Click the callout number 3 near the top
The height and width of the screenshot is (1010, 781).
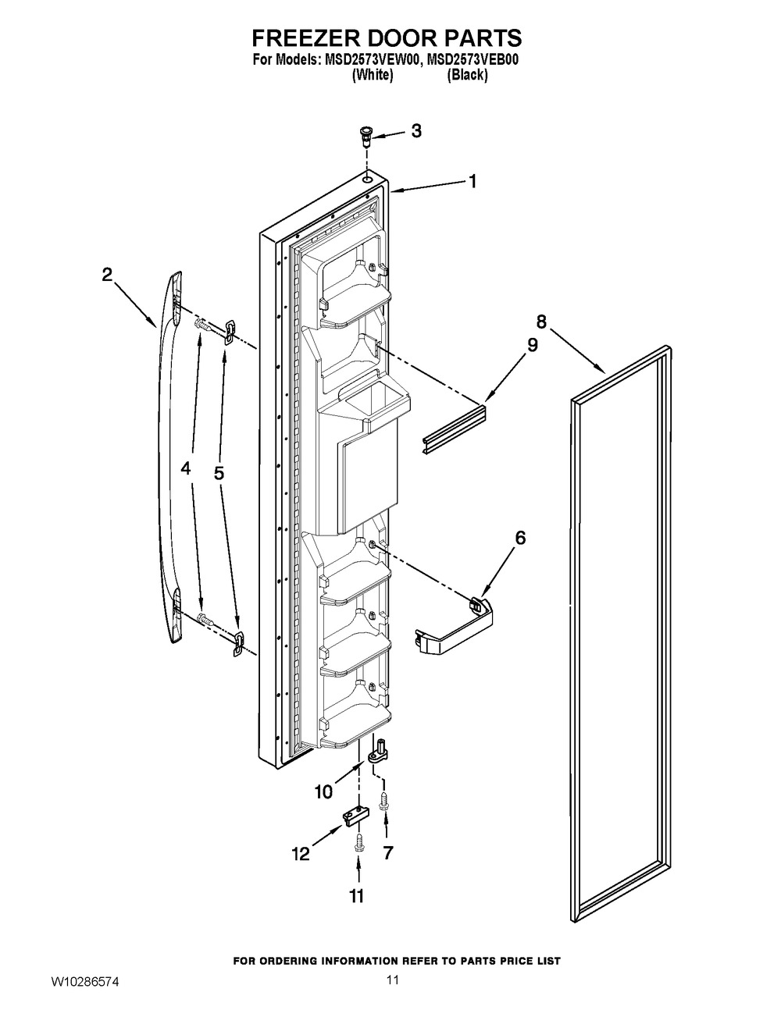point(416,131)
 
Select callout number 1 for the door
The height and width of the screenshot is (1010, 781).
point(472,181)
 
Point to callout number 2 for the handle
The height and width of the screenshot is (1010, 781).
point(107,276)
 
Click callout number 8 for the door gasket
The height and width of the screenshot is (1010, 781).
point(541,322)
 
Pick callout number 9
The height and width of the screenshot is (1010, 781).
point(533,345)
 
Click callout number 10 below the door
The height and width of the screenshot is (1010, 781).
point(323,791)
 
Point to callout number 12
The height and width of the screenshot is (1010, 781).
point(301,853)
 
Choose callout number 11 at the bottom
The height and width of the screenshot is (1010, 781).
point(356,909)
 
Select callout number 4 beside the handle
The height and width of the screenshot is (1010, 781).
point(186,469)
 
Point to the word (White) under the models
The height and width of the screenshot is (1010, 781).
point(373,75)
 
